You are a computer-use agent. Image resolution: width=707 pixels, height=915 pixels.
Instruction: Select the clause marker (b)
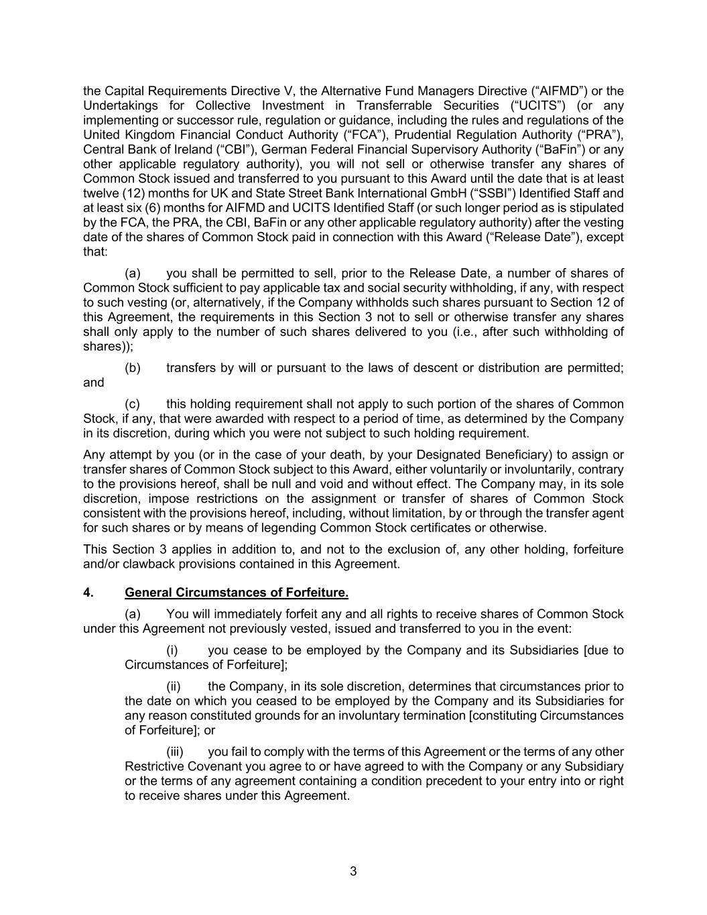[133, 368]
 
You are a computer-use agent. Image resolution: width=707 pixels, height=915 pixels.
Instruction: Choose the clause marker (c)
[133, 404]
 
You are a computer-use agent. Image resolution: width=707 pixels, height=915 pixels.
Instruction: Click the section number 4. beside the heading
[88, 593]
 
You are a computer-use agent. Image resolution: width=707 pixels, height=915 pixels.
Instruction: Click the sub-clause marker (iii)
[174, 752]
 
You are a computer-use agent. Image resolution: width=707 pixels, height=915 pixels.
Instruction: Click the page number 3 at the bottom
[353, 872]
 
